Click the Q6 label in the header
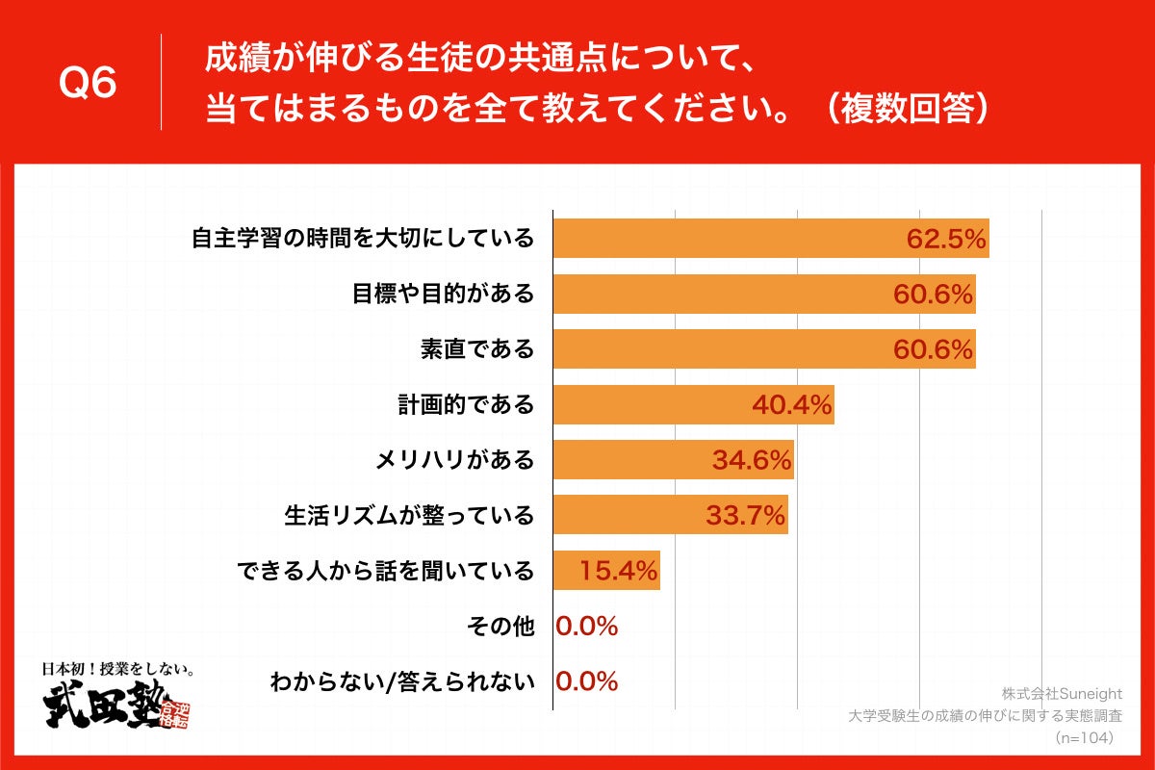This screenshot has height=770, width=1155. tap(88, 85)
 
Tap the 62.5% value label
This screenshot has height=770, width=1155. tap(946, 240)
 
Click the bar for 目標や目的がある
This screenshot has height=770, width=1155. tap(722, 295)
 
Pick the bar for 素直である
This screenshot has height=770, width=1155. tap(722, 349)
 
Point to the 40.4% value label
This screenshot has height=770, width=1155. tap(791, 405)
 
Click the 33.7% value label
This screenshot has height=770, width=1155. tap(746, 516)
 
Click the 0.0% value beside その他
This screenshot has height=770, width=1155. tap(586, 627)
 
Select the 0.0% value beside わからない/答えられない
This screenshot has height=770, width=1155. tap(586, 682)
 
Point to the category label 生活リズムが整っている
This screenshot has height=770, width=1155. tap(408, 516)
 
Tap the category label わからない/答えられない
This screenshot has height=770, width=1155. tap(401, 682)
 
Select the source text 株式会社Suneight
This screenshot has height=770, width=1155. tap(1062, 694)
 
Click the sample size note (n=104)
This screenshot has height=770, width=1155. tap(1085, 737)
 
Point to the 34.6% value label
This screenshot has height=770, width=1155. tap(752, 460)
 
